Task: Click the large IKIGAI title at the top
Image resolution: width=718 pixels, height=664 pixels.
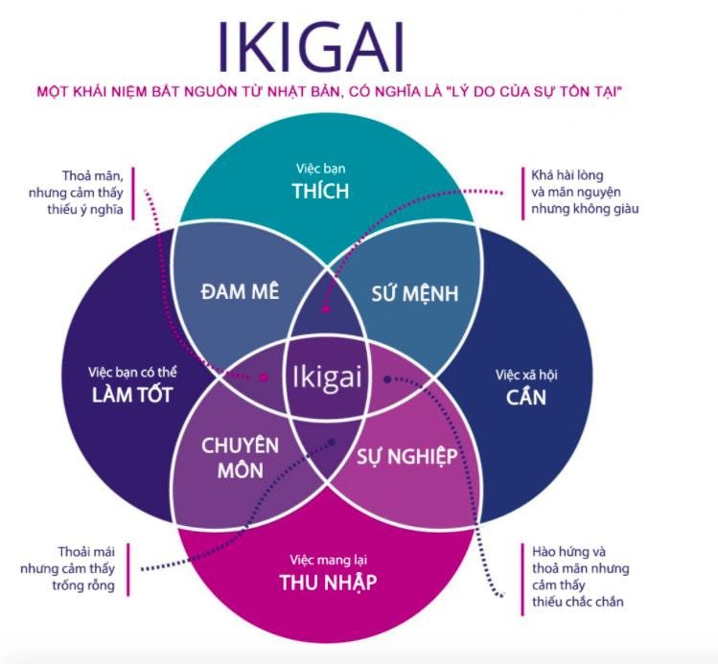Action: click(311, 45)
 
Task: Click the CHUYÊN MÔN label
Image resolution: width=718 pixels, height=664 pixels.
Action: click(240, 458)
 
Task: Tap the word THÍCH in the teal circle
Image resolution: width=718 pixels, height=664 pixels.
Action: click(320, 191)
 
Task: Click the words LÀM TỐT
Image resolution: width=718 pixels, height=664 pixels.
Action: click(132, 394)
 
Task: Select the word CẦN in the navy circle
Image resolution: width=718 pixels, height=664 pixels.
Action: click(526, 394)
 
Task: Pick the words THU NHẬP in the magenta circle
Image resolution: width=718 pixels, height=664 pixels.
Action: click(328, 583)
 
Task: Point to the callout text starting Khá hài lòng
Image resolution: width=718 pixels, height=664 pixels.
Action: click(585, 192)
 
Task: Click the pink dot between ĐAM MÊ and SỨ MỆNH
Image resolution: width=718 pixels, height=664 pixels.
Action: click(326, 309)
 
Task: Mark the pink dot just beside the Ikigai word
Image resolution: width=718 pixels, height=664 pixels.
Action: click(266, 377)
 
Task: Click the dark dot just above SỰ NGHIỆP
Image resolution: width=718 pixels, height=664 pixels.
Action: click(387, 379)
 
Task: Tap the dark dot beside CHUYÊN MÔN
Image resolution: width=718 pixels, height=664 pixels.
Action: click(331, 443)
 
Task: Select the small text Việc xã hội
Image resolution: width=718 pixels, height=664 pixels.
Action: click(526, 373)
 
